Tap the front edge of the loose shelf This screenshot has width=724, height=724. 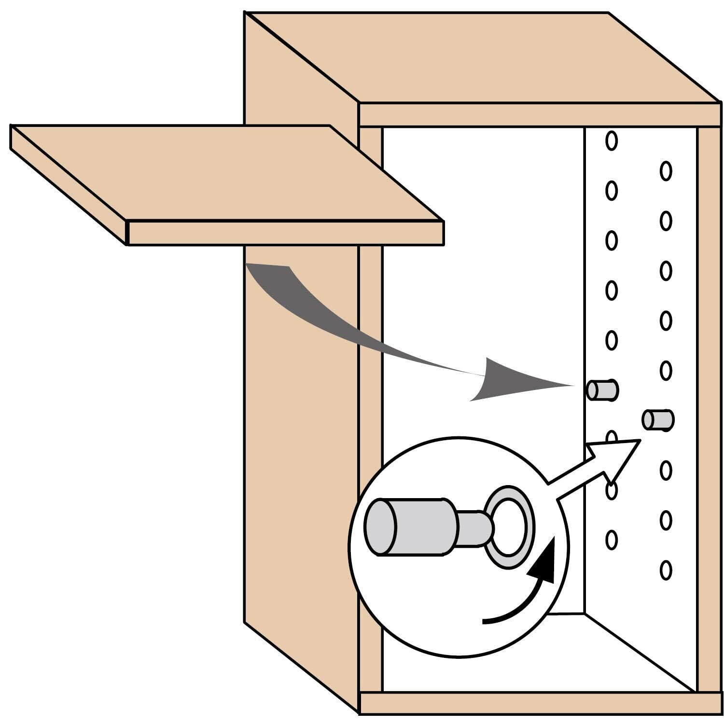coord(285,233)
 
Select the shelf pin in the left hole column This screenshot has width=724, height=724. coord(602,390)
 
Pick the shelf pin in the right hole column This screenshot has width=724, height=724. coord(657,419)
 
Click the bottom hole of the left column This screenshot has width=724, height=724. coord(612,540)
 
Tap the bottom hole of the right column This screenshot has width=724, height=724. coord(666,570)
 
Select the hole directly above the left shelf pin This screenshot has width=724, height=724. coord(612,340)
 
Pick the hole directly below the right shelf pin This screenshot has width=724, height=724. coord(666,470)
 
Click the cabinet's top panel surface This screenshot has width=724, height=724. coord(483,58)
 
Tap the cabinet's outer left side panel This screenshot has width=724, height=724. coord(299,434)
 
